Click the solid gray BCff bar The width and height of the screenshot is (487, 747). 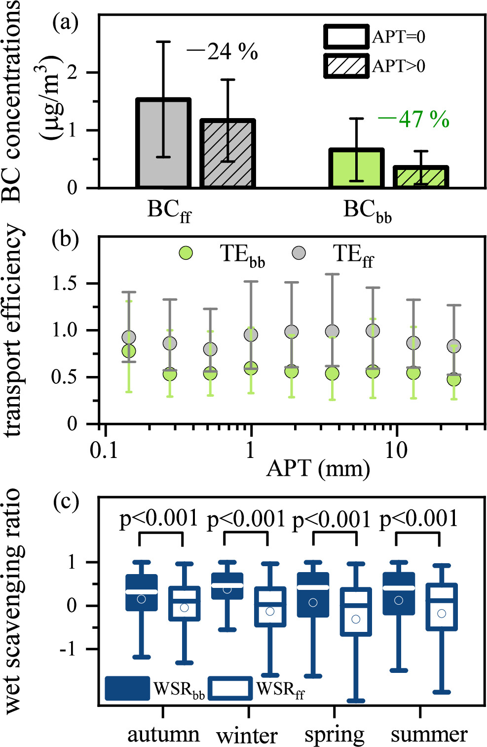(x=163, y=143)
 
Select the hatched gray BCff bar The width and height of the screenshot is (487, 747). (x=227, y=153)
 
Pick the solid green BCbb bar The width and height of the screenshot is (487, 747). (x=356, y=168)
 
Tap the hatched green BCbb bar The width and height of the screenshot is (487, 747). (x=420, y=177)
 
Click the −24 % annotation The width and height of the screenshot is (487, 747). (x=223, y=51)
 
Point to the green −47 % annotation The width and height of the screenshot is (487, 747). (x=414, y=119)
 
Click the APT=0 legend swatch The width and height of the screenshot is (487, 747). (x=346, y=37)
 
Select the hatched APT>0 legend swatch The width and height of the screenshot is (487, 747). (x=346, y=66)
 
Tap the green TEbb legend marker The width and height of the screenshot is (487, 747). (x=186, y=253)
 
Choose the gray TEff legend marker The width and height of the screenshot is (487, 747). (x=299, y=253)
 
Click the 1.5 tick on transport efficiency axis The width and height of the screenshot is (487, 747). (x=66, y=284)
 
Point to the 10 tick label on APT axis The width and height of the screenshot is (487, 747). (x=396, y=450)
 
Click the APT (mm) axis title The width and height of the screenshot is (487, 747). (x=318, y=467)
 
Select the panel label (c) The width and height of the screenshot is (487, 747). (x=66, y=502)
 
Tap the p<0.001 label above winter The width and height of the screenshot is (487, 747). (x=246, y=519)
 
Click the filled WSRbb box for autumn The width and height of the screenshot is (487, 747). (x=142, y=592)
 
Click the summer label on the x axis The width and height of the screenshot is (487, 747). (x=429, y=735)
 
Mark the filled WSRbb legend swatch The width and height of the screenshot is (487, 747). (x=127, y=688)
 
